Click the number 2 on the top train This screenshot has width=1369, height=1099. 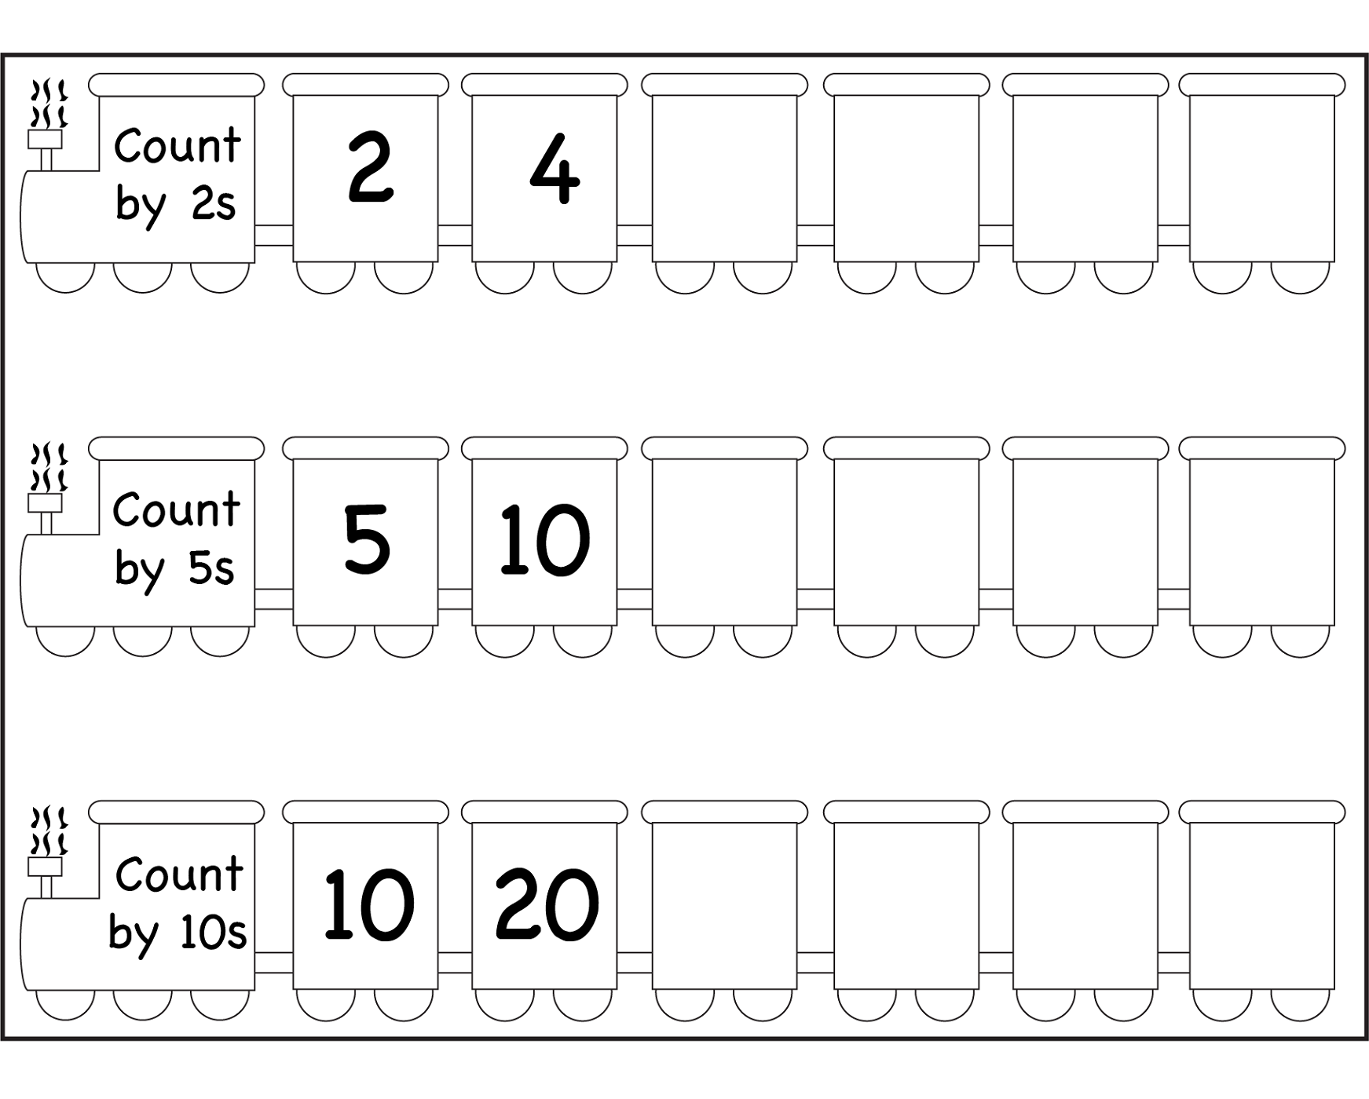click(x=370, y=168)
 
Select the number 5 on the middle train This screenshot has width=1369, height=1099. click(x=367, y=539)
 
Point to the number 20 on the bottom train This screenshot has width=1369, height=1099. click(x=547, y=904)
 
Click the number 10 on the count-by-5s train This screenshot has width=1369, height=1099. click(x=544, y=539)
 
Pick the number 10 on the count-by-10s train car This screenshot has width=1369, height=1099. click(x=368, y=904)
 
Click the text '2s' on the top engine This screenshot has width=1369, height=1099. click(x=214, y=205)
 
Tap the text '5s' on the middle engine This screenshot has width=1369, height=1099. click(x=211, y=568)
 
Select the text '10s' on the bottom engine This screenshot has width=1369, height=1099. click(x=213, y=933)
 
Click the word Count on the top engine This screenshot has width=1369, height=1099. click(x=178, y=146)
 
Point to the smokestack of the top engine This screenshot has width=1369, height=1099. click(x=45, y=149)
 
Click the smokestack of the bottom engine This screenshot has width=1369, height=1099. click(x=45, y=876)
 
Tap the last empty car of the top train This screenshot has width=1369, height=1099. click(x=1261, y=177)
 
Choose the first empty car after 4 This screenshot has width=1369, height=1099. click(x=724, y=177)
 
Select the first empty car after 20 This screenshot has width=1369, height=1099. click(x=724, y=904)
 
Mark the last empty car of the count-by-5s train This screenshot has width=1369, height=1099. click(x=1261, y=541)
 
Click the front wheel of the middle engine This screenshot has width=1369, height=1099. click(x=66, y=640)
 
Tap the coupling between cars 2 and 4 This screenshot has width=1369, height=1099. click(x=455, y=235)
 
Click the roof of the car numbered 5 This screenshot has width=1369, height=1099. click(x=365, y=448)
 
